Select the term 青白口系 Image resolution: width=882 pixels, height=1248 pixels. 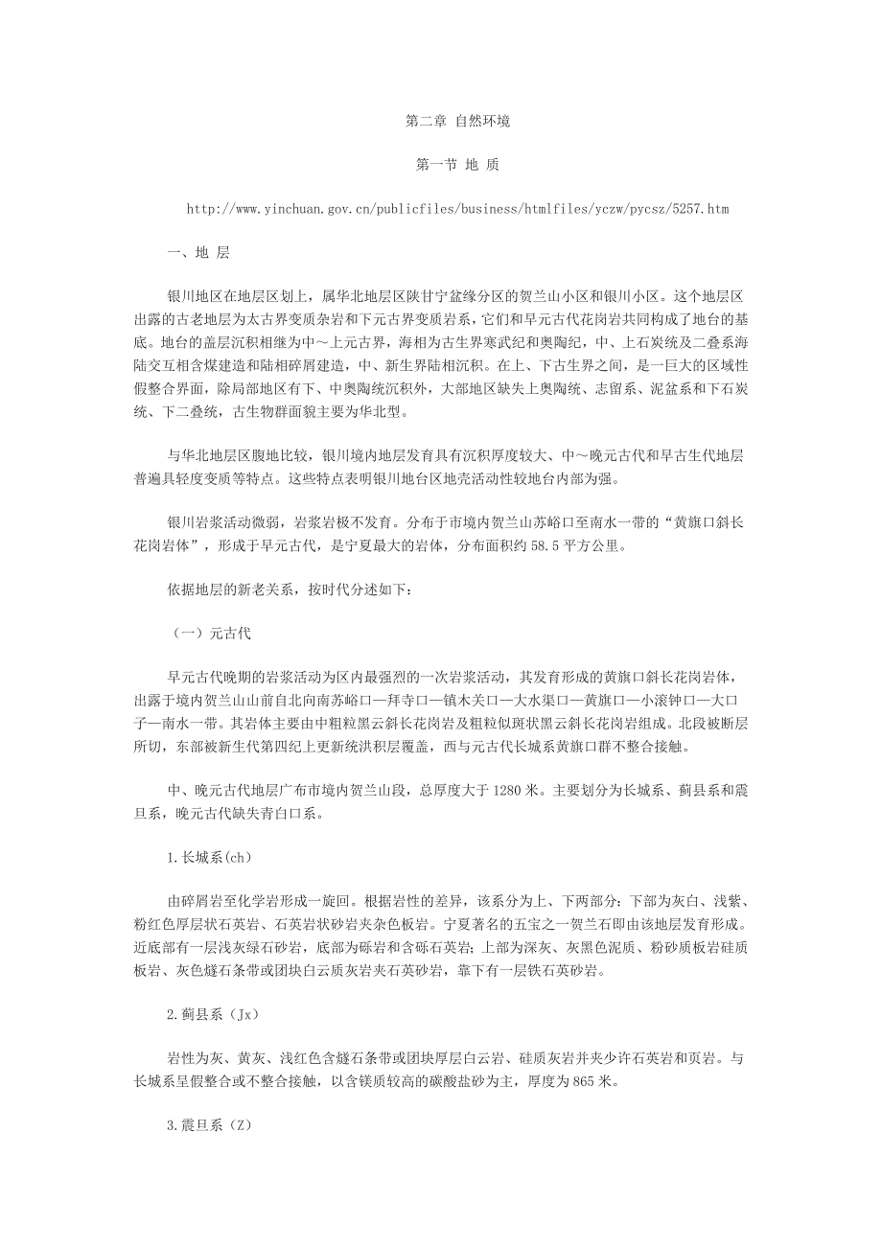tap(289, 814)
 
